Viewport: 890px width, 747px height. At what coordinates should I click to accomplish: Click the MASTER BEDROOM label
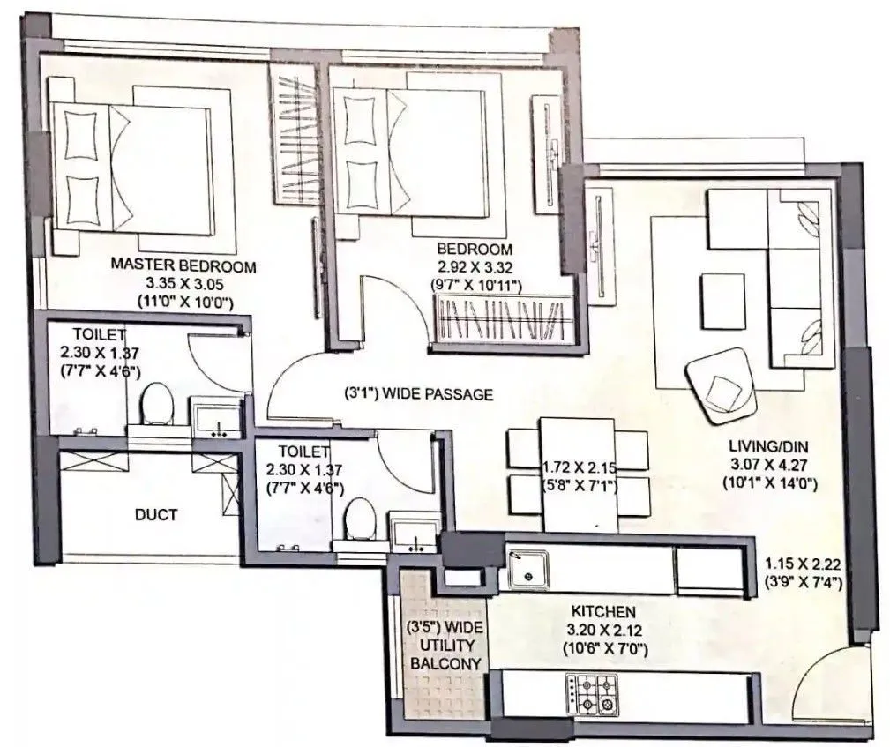tap(183, 265)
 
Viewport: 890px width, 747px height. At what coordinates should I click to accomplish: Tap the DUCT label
tap(156, 514)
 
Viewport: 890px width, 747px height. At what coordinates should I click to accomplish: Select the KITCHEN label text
tap(602, 610)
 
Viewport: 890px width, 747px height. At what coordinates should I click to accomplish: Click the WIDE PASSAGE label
tap(418, 394)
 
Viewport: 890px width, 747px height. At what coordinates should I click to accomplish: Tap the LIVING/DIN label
tap(770, 446)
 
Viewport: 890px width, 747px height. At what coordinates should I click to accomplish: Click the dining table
tap(577, 474)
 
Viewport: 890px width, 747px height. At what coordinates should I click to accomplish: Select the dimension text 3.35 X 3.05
tap(183, 283)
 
